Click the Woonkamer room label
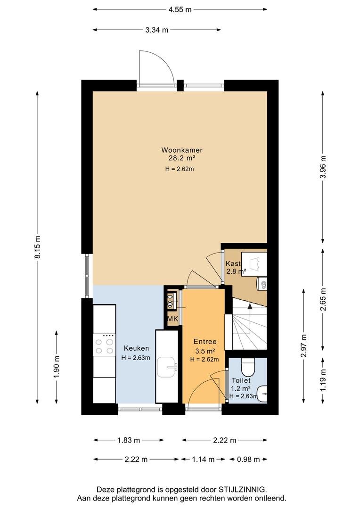[x=182, y=150]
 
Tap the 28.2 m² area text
[x=182, y=158]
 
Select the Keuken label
[x=136, y=348]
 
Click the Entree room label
[x=205, y=342]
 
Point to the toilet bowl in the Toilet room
[x=248, y=367]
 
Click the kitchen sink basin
[x=167, y=367]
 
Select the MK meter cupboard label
[x=172, y=319]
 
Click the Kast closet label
[x=233, y=263]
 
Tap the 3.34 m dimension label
[x=157, y=30]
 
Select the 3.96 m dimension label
[x=323, y=167]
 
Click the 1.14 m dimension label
[x=203, y=460]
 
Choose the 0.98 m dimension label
[x=248, y=460]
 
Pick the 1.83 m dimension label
[x=129, y=440]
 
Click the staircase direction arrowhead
[x=250, y=306]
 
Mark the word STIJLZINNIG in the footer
[x=242, y=490]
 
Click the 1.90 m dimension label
[x=57, y=367]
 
